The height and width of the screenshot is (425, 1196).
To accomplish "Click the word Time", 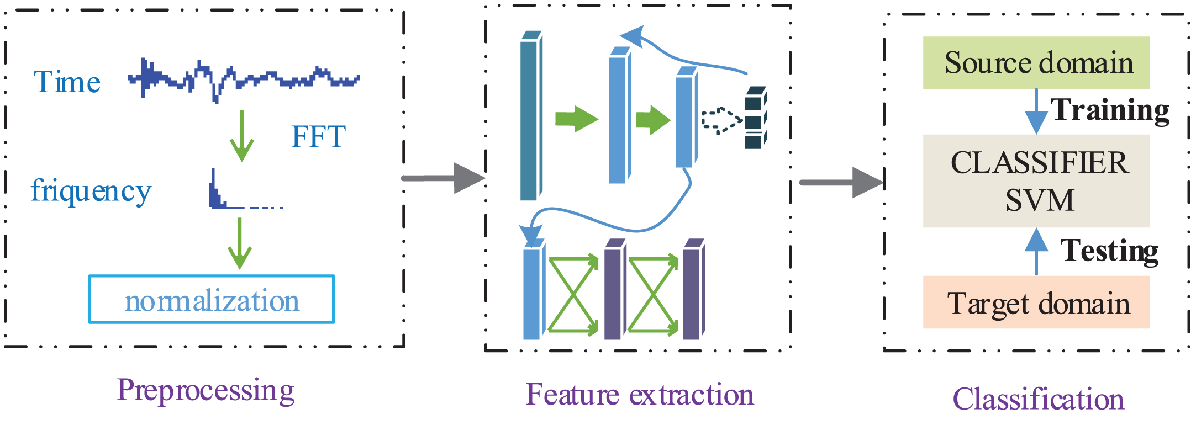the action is [67, 82].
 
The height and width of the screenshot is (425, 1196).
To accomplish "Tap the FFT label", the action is [318, 136].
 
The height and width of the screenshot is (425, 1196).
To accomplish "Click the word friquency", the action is [91, 191].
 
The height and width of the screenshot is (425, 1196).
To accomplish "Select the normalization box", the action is [212, 299].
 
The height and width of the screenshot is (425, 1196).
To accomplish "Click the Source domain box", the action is [1036, 63].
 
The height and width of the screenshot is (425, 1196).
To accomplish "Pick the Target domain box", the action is [1036, 302].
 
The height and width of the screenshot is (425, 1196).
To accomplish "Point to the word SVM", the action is [1040, 200].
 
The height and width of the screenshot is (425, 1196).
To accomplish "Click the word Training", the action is [1110, 110].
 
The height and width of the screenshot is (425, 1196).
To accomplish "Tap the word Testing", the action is [1109, 251].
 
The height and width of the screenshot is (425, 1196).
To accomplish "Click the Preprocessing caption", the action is [206, 390].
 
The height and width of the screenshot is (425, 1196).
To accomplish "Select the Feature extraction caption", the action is [639, 395].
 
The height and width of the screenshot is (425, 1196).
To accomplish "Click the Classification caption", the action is [1038, 399].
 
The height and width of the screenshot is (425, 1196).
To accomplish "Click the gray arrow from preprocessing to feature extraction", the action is [443, 178].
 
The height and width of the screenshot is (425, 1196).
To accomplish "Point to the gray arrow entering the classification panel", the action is [841, 182].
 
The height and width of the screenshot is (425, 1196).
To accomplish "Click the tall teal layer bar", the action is [531, 115].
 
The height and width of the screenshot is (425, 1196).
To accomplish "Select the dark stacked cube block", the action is [756, 118].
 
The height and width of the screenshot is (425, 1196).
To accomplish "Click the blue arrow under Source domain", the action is [1036, 111].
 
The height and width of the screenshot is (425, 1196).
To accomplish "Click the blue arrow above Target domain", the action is [1036, 252].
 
